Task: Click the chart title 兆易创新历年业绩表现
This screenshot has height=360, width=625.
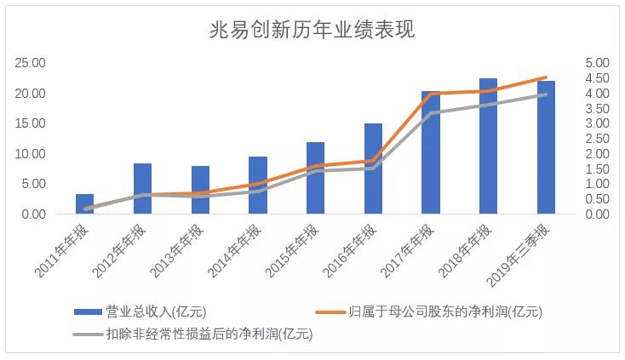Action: pos(312,29)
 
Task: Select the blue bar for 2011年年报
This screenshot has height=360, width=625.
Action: pos(84,204)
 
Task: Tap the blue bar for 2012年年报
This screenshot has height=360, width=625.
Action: pos(142,188)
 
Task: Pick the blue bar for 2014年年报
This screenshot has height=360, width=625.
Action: pos(258,186)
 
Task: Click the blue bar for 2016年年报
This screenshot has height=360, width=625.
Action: pos(373,169)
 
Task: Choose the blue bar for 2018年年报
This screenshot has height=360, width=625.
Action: pos(488,146)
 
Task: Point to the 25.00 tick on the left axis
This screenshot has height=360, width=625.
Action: pos(30,63)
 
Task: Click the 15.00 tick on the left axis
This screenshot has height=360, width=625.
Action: pos(30,123)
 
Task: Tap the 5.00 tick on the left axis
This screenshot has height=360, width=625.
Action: pos(33,184)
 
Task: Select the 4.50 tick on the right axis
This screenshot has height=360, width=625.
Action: pos(597,78)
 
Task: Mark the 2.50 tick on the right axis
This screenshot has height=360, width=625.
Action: pos(597,139)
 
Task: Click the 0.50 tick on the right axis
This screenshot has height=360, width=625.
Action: pos(597,199)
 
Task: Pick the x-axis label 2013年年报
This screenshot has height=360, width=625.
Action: pos(176,250)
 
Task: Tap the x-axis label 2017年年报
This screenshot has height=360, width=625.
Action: pos(407,250)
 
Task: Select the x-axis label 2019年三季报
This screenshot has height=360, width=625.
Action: pos(518,254)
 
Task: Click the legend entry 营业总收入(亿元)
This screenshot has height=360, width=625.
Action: pos(140,311)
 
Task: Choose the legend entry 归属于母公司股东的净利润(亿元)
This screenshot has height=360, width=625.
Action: pos(429,311)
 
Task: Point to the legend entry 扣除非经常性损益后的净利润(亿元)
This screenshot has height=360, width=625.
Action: pos(193,334)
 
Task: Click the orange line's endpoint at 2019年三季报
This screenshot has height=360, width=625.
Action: pos(546,77)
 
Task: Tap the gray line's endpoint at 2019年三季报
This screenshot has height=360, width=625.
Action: pos(546,94)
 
